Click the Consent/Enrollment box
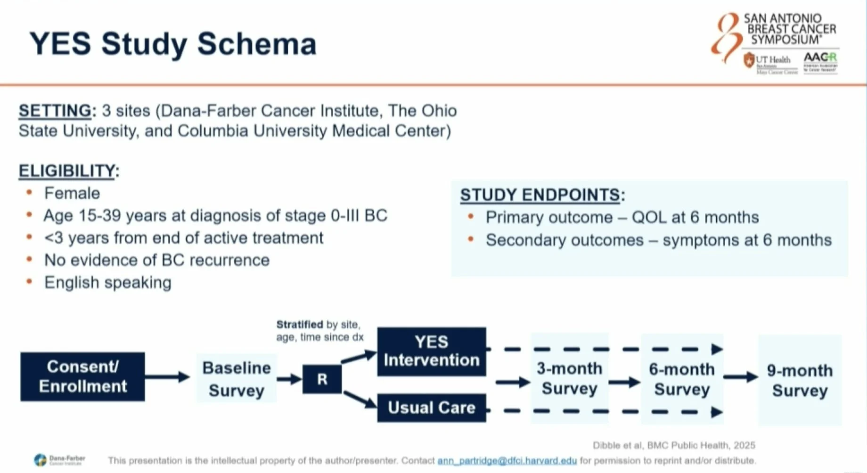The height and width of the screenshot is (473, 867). click(x=82, y=376)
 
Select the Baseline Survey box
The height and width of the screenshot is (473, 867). click(x=236, y=379)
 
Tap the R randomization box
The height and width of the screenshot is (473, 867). click(x=322, y=379)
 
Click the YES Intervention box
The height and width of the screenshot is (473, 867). click(x=431, y=351)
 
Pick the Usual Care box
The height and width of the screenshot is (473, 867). click(x=431, y=408)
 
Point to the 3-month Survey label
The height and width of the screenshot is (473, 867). click(x=569, y=378)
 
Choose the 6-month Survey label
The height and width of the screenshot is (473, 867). click(x=681, y=379)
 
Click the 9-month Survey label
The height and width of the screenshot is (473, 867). click(x=800, y=380)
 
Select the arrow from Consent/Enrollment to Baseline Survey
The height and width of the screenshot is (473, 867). click(x=167, y=376)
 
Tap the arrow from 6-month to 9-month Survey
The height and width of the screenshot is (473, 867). click(x=740, y=377)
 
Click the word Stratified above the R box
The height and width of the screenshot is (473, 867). click(x=299, y=325)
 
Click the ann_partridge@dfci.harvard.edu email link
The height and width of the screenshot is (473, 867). click(x=507, y=461)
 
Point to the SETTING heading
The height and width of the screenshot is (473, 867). click(x=55, y=111)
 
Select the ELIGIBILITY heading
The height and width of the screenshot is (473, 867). click(x=66, y=171)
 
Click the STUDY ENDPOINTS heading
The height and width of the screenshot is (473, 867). click(x=540, y=195)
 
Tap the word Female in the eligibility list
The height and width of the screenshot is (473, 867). click(x=72, y=193)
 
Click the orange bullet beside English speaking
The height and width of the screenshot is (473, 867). click(x=29, y=282)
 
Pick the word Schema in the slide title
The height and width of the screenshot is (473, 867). click(x=257, y=44)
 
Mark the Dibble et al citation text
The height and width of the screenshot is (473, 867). click(x=674, y=445)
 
